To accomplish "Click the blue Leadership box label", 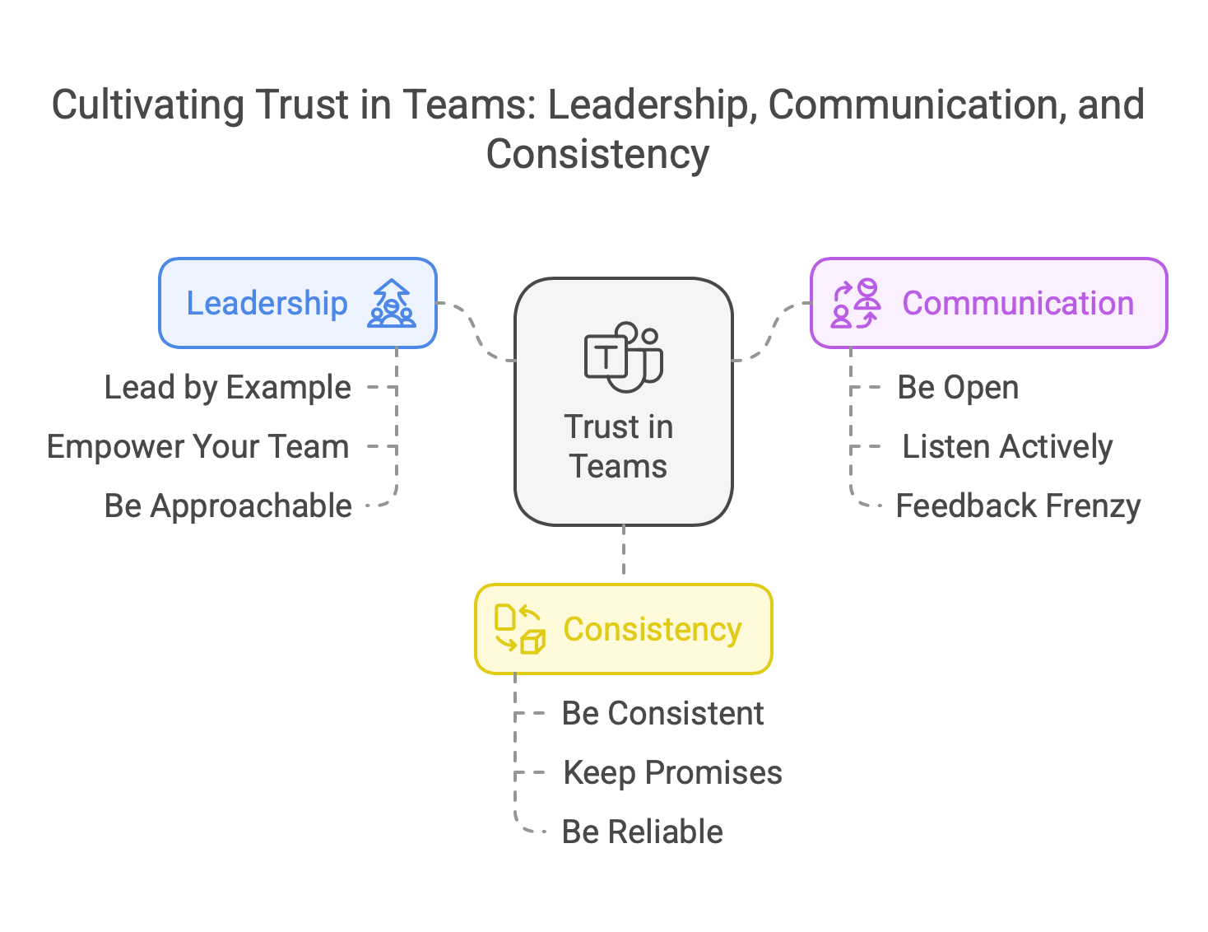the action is tap(267, 303).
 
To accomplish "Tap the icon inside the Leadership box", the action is tap(392, 303).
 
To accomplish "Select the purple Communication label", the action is tap(1018, 303).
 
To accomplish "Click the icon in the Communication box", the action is tap(855, 303).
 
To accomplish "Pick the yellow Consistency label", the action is tap(652, 629).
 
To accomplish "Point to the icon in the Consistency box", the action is tap(519, 629).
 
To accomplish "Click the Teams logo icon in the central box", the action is tap(623, 357).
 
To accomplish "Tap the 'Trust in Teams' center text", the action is tap(619, 446).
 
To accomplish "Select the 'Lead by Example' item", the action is tap(227, 387).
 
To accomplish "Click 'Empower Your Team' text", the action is tap(197, 446).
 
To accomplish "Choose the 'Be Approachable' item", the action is tap(227, 506).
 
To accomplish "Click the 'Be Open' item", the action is tap(958, 387).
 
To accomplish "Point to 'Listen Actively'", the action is tap(1007, 446).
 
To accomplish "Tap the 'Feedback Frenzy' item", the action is tap(1018, 506).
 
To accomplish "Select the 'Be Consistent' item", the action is tap(662, 713).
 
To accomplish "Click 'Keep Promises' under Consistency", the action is tap(672, 772).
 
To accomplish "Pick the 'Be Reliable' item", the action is tap(642, 832).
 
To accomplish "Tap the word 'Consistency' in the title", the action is tap(597, 155).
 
